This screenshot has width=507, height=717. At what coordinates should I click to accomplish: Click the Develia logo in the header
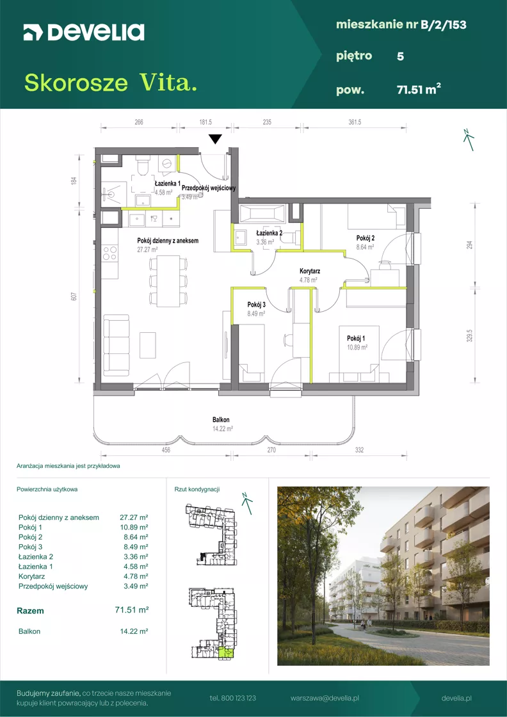click(84, 33)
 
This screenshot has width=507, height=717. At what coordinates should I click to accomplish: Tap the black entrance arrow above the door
click(215, 139)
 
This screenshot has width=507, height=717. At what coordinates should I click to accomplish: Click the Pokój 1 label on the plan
click(356, 339)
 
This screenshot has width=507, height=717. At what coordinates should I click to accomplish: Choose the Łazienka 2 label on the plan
click(269, 232)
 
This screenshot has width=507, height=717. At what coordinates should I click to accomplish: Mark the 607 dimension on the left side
click(73, 296)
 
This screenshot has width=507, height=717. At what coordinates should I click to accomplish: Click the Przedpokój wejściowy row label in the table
click(53, 586)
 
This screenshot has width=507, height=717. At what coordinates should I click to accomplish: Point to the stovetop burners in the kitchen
click(109, 254)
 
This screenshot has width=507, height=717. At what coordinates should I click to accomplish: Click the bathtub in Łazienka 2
click(263, 214)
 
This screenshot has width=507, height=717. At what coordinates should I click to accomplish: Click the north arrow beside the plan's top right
click(468, 140)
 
